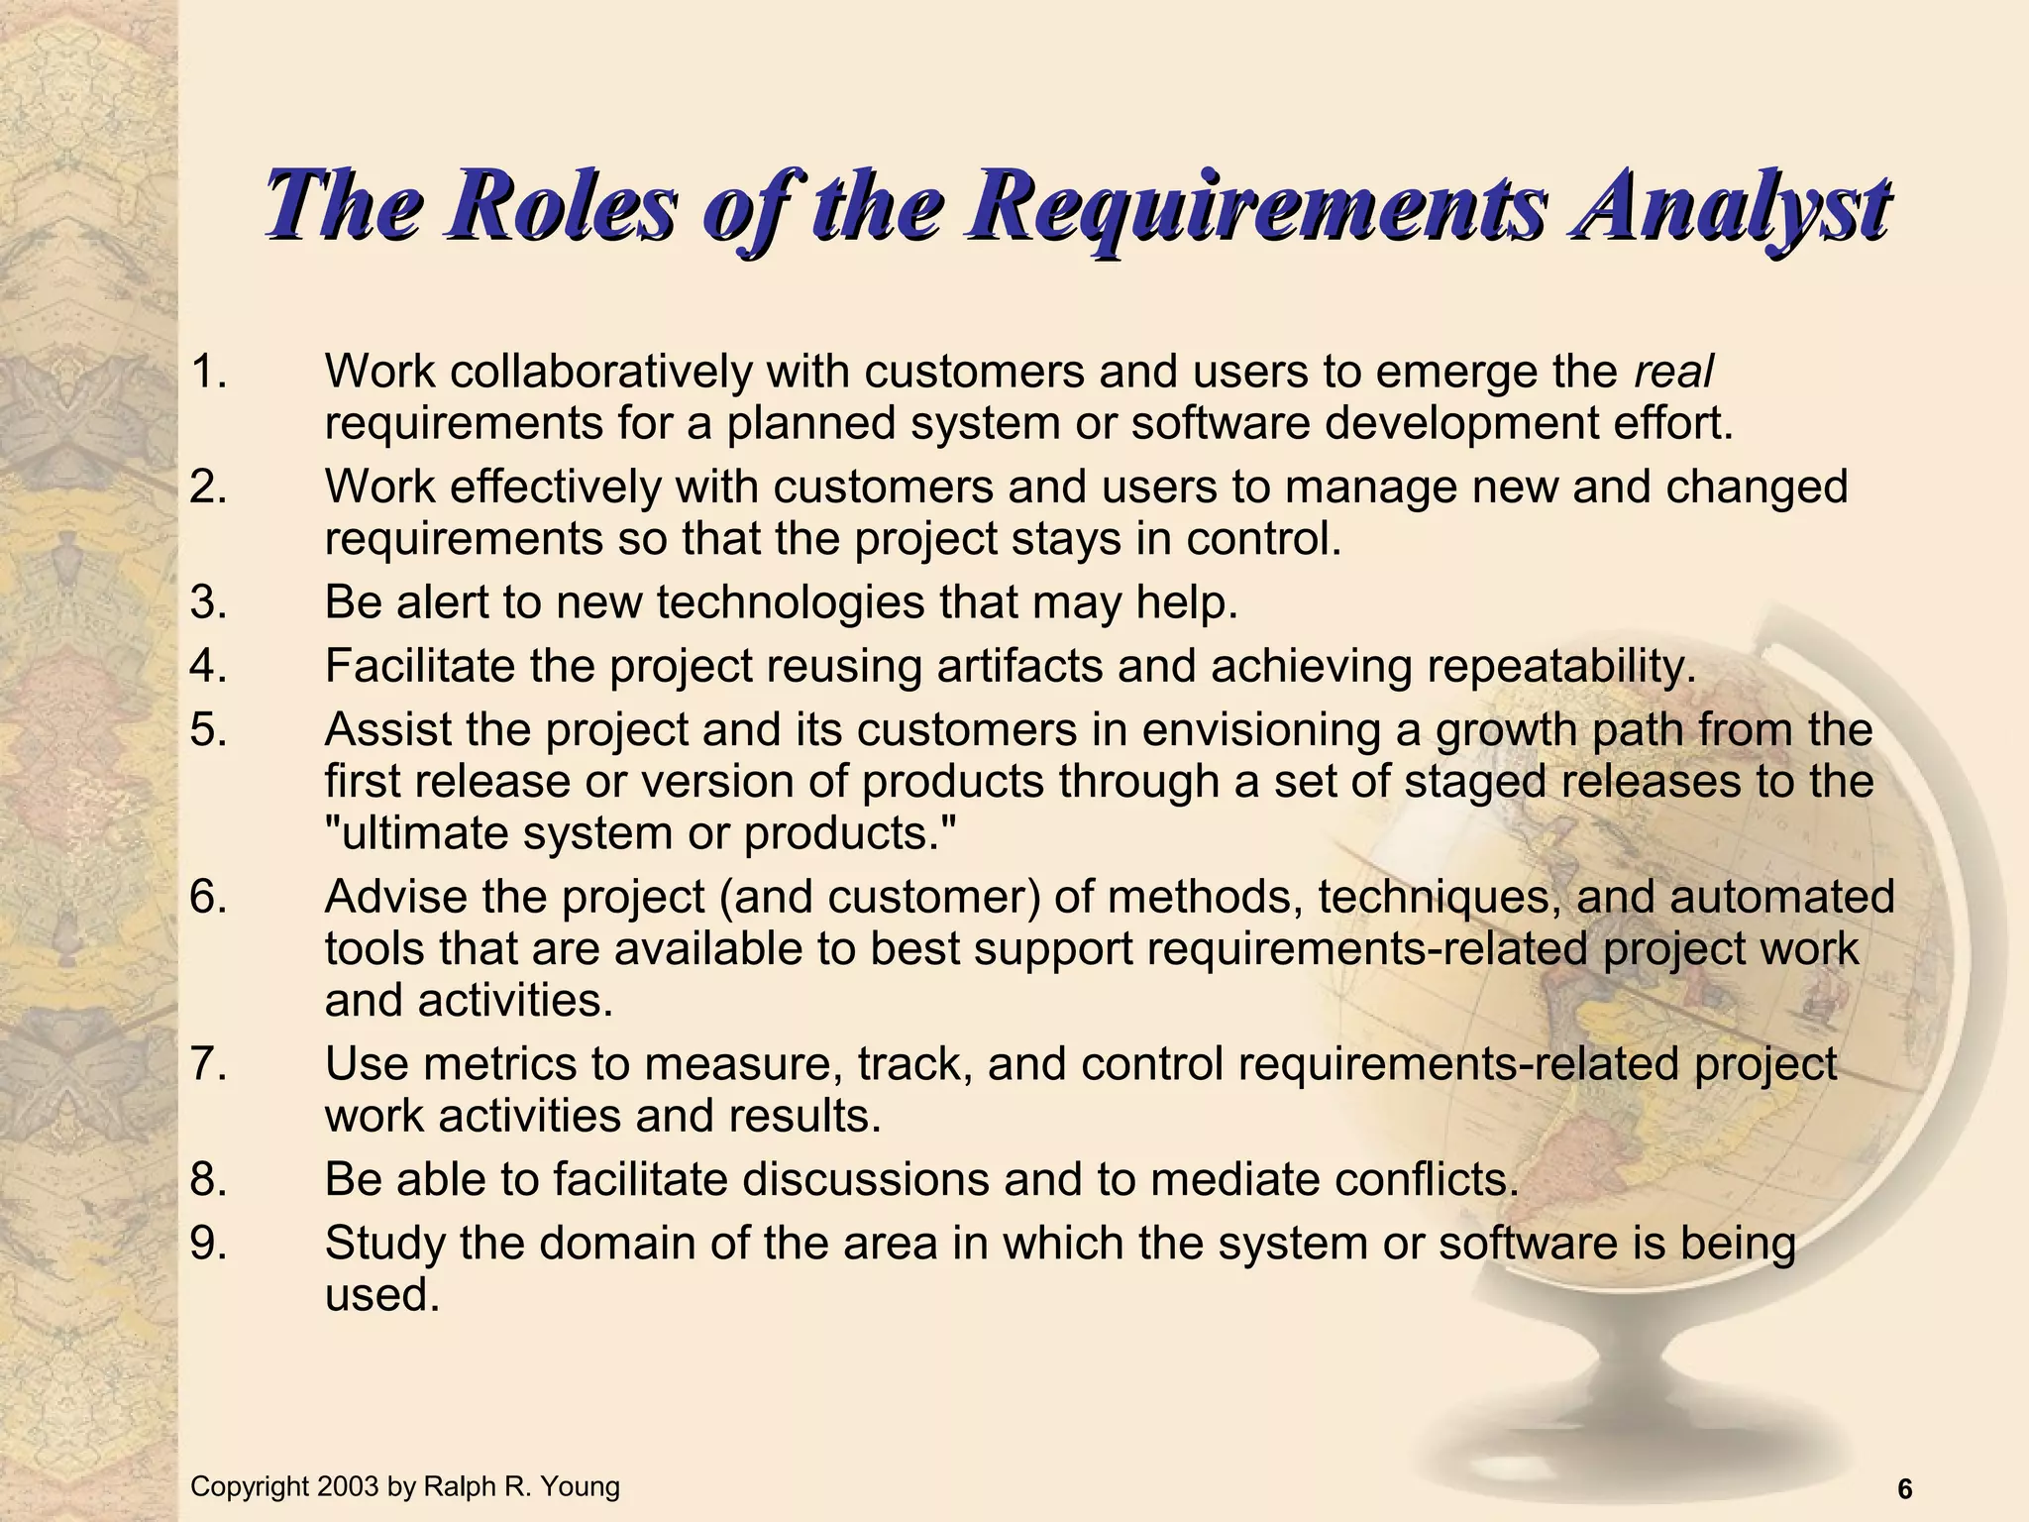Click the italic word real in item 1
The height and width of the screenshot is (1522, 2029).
tap(1673, 373)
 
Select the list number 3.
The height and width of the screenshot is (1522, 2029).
tap(208, 602)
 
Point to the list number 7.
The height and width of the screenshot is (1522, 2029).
tap(208, 1064)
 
